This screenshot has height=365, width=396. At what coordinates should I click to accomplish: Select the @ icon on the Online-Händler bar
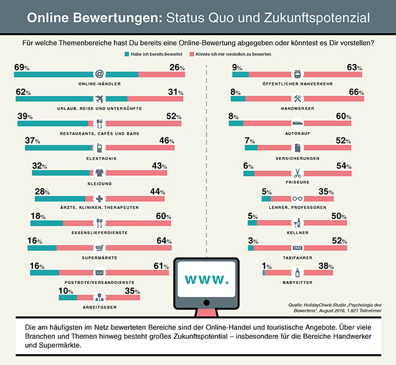(99, 74)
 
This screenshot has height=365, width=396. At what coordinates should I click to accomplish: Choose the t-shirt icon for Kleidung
(99, 173)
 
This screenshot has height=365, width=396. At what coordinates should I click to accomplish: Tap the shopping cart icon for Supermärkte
(99, 248)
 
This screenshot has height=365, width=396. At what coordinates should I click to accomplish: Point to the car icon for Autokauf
(297, 123)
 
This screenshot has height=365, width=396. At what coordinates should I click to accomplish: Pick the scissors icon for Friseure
(297, 173)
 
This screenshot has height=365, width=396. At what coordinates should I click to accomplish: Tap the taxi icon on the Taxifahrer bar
(297, 248)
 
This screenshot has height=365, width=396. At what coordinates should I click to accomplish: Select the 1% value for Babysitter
(266, 265)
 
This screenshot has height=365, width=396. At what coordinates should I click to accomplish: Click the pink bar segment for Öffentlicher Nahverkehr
(306, 74)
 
